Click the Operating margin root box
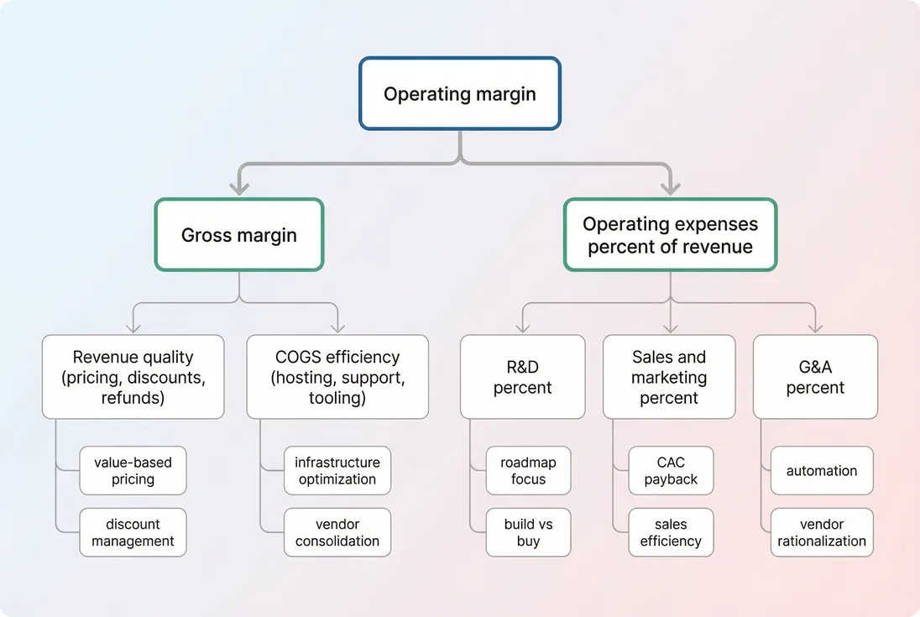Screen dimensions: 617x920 459,94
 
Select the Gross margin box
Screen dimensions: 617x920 239,235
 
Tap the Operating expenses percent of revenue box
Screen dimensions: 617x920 670,235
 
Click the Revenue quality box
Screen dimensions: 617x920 133,377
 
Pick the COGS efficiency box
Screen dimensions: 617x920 337,377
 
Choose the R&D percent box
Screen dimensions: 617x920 522,377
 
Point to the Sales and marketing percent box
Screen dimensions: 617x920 669,377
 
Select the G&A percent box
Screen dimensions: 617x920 815,377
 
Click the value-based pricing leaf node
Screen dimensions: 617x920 133,471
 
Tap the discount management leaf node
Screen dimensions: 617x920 133,532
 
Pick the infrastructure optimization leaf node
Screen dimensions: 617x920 337,471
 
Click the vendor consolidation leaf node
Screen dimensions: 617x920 337,532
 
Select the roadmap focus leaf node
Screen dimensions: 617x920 528,471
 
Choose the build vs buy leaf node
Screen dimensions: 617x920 528,532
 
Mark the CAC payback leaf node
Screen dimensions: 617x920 671,471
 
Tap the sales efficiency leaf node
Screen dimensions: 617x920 671,532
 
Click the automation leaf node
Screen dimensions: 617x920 821,471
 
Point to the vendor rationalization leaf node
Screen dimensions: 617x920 821,532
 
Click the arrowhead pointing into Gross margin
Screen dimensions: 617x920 239,189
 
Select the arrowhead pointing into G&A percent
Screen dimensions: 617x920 815,327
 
